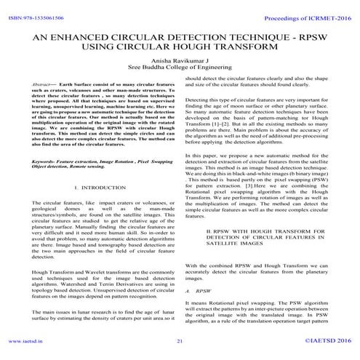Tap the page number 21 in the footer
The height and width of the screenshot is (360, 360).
[180, 340]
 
